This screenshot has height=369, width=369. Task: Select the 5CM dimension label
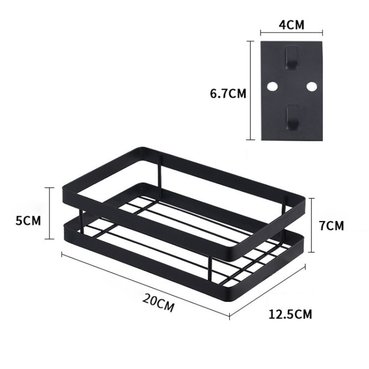[29, 220]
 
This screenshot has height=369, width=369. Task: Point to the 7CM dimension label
[331, 226]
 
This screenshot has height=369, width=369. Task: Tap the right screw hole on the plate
[311, 87]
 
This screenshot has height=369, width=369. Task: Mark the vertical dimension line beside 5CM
[49, 213]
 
